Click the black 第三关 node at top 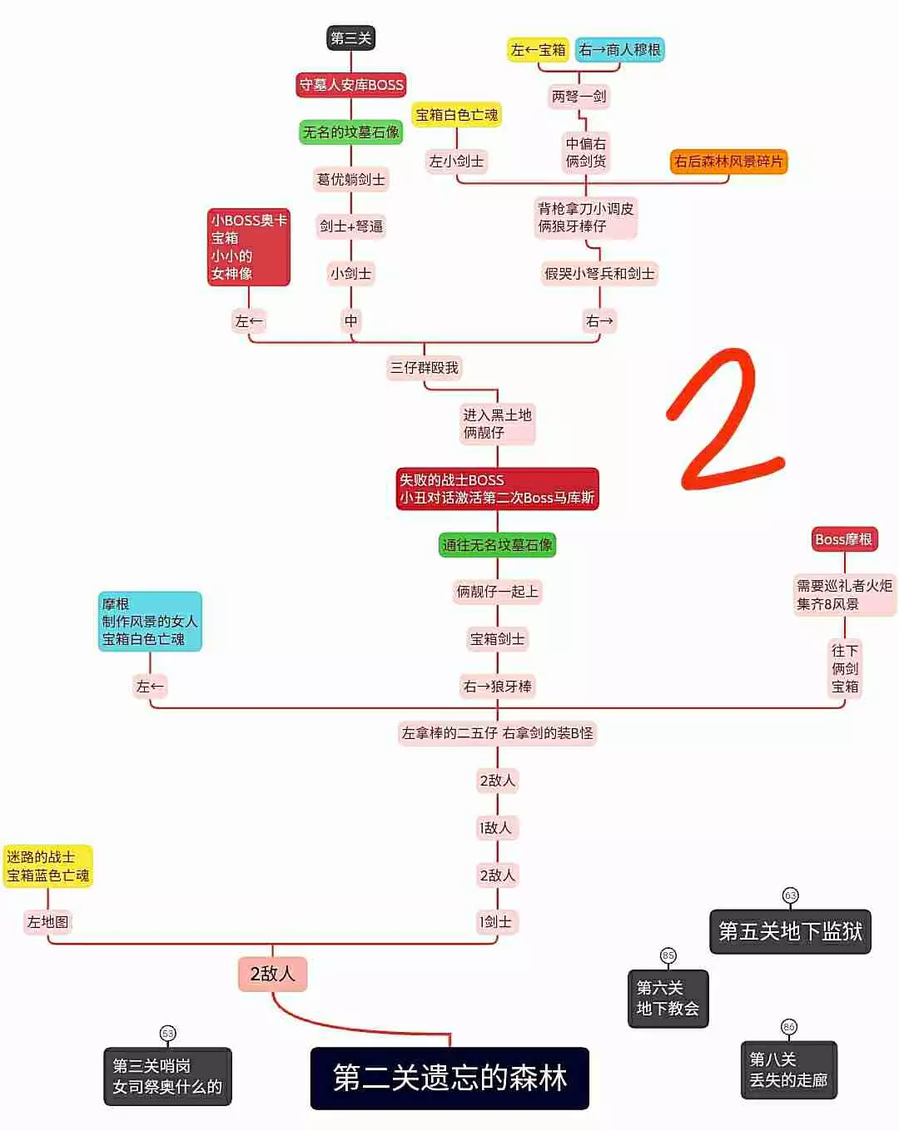pos(350,37)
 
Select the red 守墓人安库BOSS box pos(350,85)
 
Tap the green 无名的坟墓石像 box pos(350,132)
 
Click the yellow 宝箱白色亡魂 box pos(456,115)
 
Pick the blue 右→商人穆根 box pos(619,50)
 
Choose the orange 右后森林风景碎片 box pos(728,161)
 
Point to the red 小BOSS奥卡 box pos(248,247)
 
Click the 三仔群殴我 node pos(425,368)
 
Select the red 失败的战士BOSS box pos(497,489)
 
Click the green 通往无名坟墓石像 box pos(497,545)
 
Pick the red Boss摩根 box pos(843,539)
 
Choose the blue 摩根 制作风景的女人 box pos(150,622)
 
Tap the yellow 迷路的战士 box pos(47,866)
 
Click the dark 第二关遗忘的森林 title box pos(449,1078)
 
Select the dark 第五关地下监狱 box pos(790,931)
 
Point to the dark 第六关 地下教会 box pos(668,999)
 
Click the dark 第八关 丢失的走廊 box pos(788,1070)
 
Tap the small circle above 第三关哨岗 pos(168,1034)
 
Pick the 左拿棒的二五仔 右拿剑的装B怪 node pos(497,733)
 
